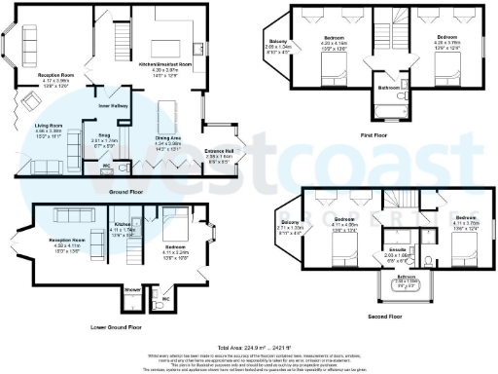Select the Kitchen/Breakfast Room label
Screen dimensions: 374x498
point(164,63)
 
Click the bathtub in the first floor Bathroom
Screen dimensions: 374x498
point(387,106)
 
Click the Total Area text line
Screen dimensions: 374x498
point(248,347)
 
